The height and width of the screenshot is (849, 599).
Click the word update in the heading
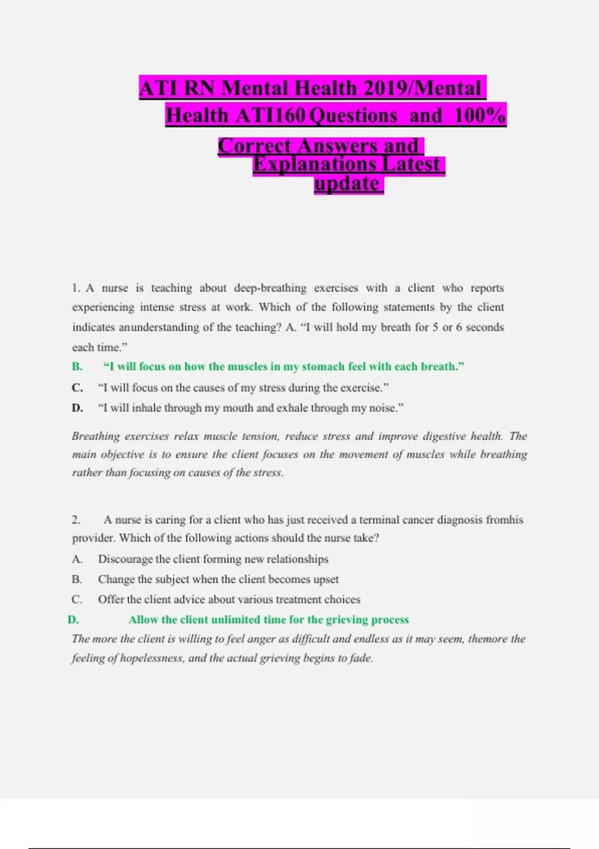click(x=347, y=184)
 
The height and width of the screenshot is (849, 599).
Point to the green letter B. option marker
click(x=77, y=367)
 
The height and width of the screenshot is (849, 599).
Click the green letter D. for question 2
click(x=73, y=620)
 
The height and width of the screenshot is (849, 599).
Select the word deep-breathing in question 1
click(x=271, y=288)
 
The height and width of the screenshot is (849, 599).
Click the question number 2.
click(x=76, y=520)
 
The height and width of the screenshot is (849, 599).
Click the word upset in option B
click(x=326, y=579)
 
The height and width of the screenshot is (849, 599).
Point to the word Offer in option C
click(x=110, y=599)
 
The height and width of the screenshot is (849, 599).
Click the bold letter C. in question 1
click(x=77, y=388)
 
